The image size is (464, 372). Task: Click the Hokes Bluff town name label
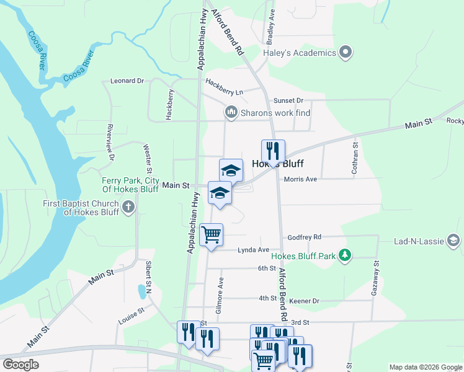[x=277, y=165]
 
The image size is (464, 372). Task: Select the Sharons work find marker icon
[x=231, y=112]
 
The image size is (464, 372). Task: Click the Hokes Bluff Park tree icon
[x=346, y=255]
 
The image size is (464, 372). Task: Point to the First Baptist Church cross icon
[x=128, y=207]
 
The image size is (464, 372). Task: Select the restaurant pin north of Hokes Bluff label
[x=272, y=150]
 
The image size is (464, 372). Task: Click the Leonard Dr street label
[x=127, y=81]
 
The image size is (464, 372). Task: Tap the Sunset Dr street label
[x=288, y=100]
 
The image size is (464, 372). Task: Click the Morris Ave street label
[x=300, y=179]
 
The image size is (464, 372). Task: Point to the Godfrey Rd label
[x=304, y=237]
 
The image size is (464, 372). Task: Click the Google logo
[x=20, y=365]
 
